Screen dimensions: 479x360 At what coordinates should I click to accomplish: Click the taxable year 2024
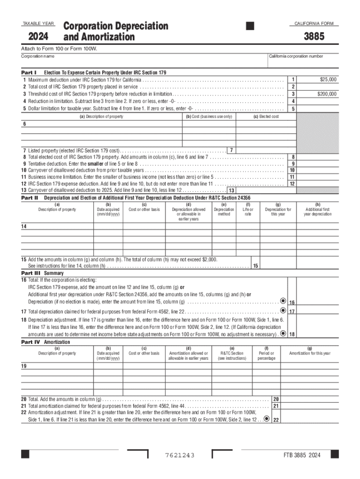pos(39,36)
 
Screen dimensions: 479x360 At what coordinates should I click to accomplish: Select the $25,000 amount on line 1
pos(328,80)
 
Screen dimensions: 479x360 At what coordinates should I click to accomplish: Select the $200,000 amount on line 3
pos(326,94)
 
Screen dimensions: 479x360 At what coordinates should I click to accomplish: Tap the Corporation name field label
pos(37,57)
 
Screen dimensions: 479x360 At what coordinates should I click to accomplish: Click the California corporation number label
pos(295,56)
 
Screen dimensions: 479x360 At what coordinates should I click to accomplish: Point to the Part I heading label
pos(29,73)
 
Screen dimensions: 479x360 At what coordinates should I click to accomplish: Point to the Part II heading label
pos(30,198)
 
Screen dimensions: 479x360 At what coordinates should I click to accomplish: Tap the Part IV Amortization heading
pos(46,342)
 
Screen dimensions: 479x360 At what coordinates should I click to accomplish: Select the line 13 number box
pos(231,191)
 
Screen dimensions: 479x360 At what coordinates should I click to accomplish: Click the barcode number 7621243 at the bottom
pos(180,456)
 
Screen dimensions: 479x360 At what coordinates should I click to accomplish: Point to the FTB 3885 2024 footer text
pos(302,456)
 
